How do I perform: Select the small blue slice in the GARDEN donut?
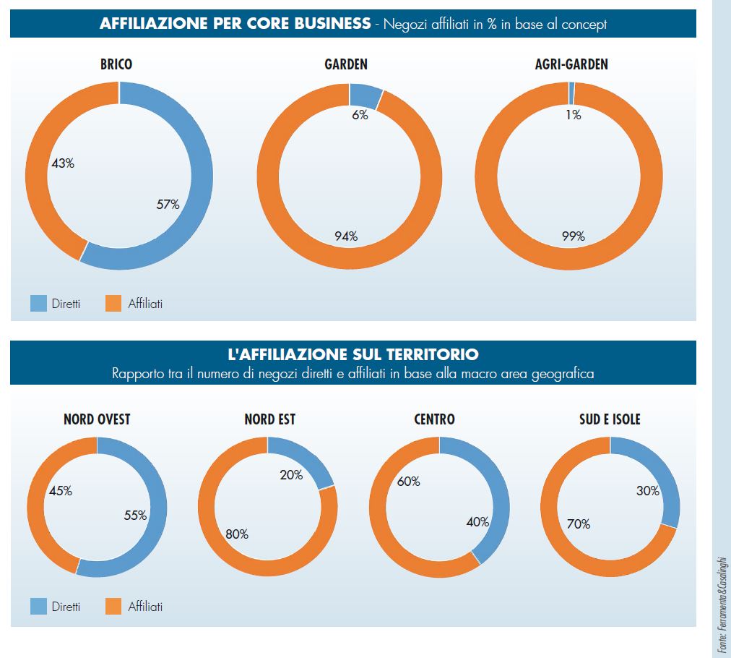pos(365,95)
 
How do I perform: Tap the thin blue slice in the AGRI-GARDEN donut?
pos(571,93)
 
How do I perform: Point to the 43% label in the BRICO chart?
pos(63,163)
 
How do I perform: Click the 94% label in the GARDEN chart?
pos(345,236)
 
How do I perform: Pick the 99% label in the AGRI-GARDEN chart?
pos(573,236)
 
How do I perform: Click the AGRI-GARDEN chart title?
pos(566,64)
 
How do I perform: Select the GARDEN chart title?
pos(346,64)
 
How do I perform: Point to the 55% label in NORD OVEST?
pos(135,516)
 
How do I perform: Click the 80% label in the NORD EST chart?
pos(236,534)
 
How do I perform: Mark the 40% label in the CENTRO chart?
pos(477,521)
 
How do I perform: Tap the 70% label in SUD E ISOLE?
pos(579,524)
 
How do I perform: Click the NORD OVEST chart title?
pos(97,419)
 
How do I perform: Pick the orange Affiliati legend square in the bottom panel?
pos(113,606)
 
